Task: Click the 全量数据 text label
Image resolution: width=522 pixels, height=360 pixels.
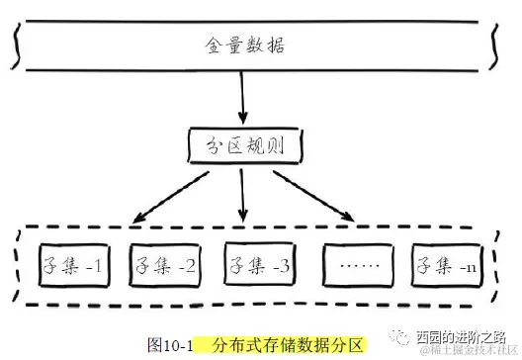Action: pos(243,46)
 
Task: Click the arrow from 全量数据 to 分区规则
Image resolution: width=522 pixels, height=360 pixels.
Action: pos(242,99)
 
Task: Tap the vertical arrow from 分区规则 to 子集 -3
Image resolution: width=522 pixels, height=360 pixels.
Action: pos(243,195)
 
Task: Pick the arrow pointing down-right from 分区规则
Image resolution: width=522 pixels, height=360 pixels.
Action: pos(314,194)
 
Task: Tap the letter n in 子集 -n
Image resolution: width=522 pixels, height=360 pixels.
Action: pos(473,267)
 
